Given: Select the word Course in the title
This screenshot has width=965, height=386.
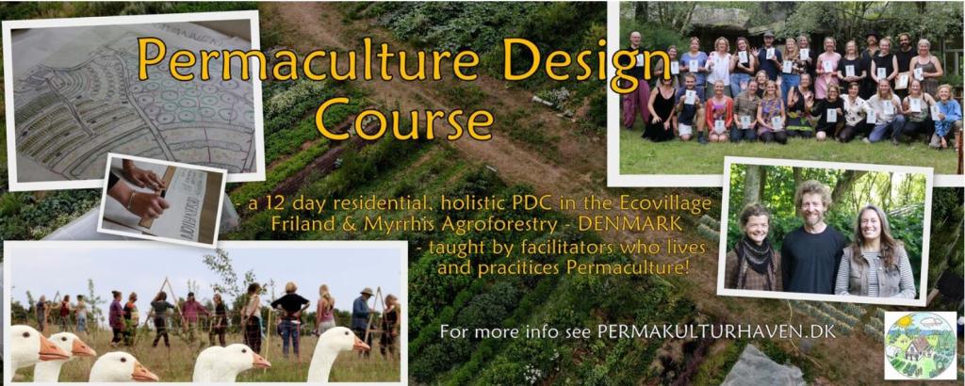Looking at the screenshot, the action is pos(403,119).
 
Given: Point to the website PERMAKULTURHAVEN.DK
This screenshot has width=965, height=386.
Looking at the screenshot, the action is pos(717,332).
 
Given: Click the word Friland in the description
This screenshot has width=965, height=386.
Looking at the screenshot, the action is pos(299,223).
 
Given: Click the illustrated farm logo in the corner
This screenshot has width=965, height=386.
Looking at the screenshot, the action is pos(920,346).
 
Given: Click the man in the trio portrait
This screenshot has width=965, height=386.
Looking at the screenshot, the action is pos(813,240).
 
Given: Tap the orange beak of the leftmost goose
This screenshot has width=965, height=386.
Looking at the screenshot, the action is pos(53,351).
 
